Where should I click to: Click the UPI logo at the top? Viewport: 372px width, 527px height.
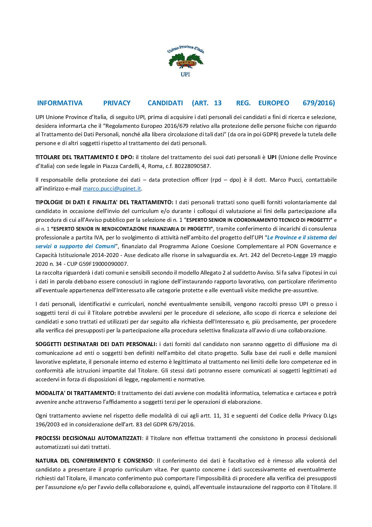click(x=186, y=61)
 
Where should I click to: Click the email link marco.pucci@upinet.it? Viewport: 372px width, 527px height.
click(x=112, y=189)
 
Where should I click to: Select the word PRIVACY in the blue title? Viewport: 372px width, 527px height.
click(x=117, y=103)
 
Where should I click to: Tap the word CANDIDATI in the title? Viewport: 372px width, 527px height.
click(x=165, y=103)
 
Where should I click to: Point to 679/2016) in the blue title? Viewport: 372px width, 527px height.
click(x=319, y=103)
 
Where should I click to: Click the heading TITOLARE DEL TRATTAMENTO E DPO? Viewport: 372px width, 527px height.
click(x=84, y=157)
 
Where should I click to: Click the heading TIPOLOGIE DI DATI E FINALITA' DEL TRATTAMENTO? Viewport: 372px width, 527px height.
click(x=104, y=202)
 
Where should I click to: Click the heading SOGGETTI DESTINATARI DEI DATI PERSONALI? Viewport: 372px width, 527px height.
click(x=96, y=344)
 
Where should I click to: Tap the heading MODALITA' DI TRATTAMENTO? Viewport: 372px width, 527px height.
click(x=76, y=393)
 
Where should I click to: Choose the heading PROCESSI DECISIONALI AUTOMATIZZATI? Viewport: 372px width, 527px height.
click(x=88, y=438)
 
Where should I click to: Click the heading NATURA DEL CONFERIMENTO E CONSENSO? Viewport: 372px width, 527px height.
click(x=94, y=461)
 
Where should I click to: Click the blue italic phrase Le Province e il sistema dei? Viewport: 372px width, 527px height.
click(x=302, y=238)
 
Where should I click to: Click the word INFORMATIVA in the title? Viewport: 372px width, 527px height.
click(x=60, y=103)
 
